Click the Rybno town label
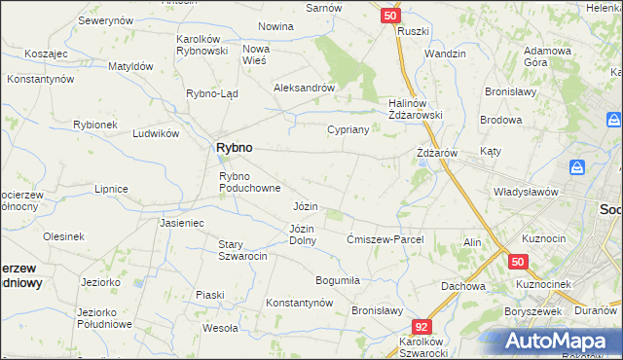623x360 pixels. pyautogui.click(x=234, y=147)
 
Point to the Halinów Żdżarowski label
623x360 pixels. pyautogui.click(x=417, y=109)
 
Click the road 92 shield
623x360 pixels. pyautogui.click(x=421, y=329)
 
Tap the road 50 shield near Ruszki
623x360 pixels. pyautogui.click(x=389, y=16)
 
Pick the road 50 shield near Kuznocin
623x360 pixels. pyautogui.click(x=518, y=262)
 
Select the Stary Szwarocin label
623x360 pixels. pyautogui.click(x=242, y=250)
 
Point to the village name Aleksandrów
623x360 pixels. pyautogui.click(x=304, y=87)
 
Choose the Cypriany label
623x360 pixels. pyautogui.click(x=347, y=129)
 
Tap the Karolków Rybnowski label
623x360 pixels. pyautogui.click(x=202, y=45)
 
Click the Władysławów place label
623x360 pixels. pyautogui.click(x=526, y=192)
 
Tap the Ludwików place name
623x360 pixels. pyautogui.click(x=157, y=133)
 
